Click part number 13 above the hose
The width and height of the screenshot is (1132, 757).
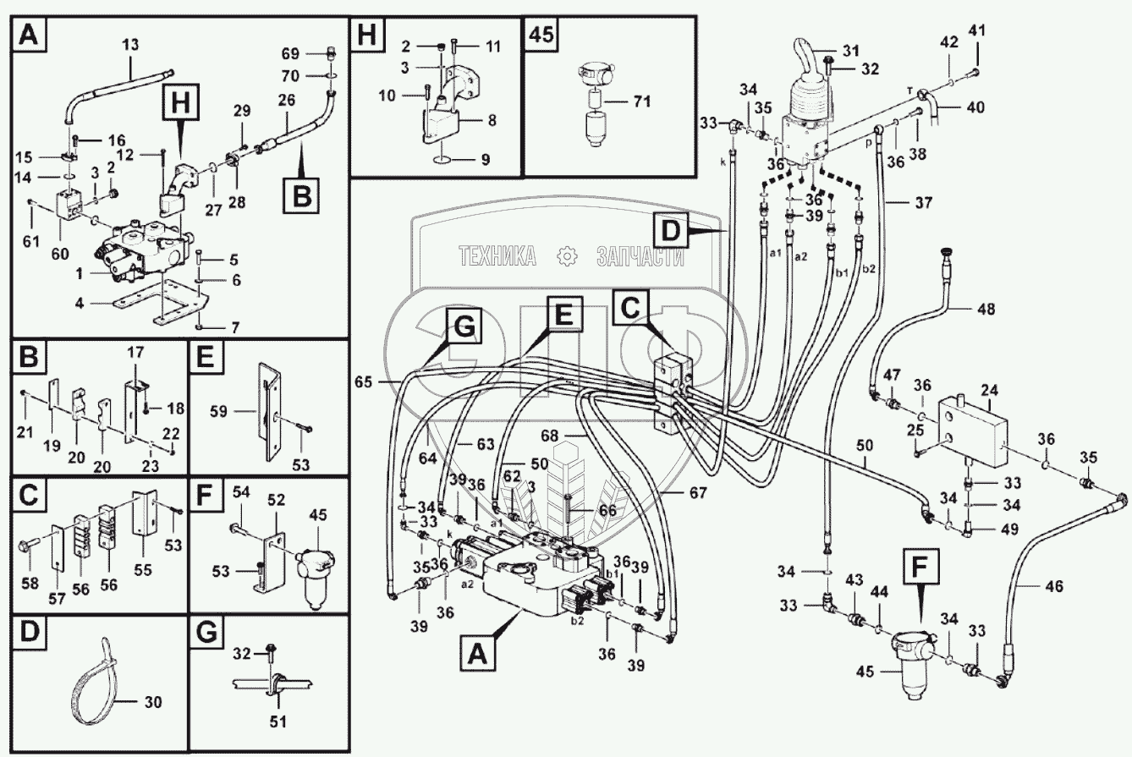click(130, 45)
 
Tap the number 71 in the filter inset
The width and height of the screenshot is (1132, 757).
click(642, 101)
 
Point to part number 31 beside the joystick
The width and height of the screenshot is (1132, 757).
click(851, 51)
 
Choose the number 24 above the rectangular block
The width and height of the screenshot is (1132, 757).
click(990, 390)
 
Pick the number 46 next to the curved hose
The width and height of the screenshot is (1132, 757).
click(1053, 587)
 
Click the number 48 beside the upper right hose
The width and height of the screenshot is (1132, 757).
click(986, 309)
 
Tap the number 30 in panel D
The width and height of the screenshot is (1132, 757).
click(153, 702)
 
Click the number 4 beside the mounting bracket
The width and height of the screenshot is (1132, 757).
click(80, 303)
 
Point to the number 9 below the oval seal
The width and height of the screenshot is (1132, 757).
click(486, 160)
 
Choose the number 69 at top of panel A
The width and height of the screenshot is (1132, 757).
click(290, 53)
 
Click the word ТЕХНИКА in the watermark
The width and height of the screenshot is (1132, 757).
click(497, 255)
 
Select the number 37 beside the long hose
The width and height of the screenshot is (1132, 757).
click(923, 203)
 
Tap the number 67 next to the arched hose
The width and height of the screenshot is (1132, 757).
click(698, 492)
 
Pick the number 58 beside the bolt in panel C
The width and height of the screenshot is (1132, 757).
click(30, 583)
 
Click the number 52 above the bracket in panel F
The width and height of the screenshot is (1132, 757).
click(277, 500)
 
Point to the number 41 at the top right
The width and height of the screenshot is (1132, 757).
click(976, 30)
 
